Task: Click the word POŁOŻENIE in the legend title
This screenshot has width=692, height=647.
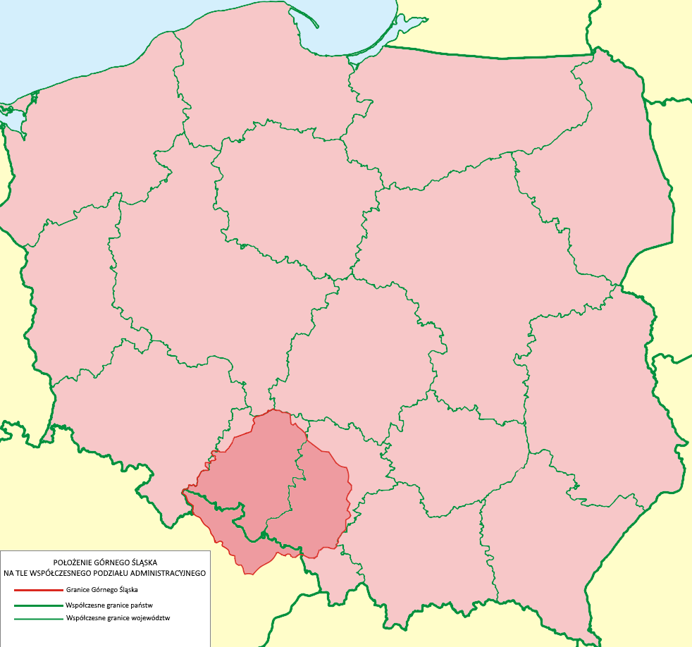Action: [x=67, y=562]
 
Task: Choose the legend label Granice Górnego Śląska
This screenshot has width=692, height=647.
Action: [x=102, y=589]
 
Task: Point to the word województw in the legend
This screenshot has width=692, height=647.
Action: [x=149, y=618]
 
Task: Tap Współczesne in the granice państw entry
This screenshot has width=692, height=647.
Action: [x=83, y=605]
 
